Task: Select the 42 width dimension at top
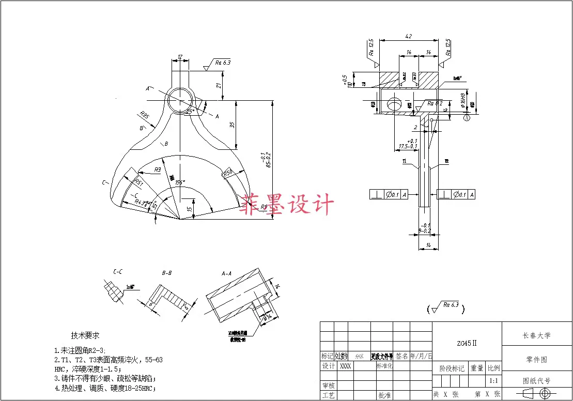[408, 37]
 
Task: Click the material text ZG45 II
[467, 343]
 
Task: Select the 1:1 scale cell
[493, 381]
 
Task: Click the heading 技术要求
[85, 335]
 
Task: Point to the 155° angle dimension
[179, 182]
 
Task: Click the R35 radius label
[144, 115]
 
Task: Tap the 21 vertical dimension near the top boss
[219, 85]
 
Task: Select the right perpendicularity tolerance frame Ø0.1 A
[456, 195]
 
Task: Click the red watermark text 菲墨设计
[286, 205]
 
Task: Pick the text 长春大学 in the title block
[536, 335]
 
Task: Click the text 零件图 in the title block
[536, 360]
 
